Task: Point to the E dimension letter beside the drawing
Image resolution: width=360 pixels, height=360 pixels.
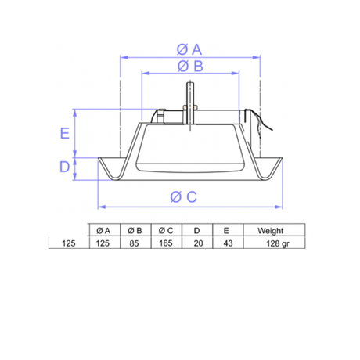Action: click(x=65, y=132)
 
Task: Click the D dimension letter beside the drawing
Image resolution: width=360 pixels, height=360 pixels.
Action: click(x=65, y=167)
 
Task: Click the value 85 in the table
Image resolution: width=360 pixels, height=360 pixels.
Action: click(x=134, y=244)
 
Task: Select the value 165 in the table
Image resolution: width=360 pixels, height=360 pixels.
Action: click(x=167, y=244)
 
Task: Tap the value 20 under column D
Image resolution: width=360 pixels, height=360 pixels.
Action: click(x=198, y=244)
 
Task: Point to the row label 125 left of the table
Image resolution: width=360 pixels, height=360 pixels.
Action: click(x=68, y=244)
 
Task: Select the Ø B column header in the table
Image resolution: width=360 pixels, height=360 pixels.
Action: click(x=134, y=231)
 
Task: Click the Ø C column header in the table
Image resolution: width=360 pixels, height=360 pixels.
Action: click(x=167, y=231)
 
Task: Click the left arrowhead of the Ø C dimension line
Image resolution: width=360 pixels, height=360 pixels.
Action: click(x=99, y=208)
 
